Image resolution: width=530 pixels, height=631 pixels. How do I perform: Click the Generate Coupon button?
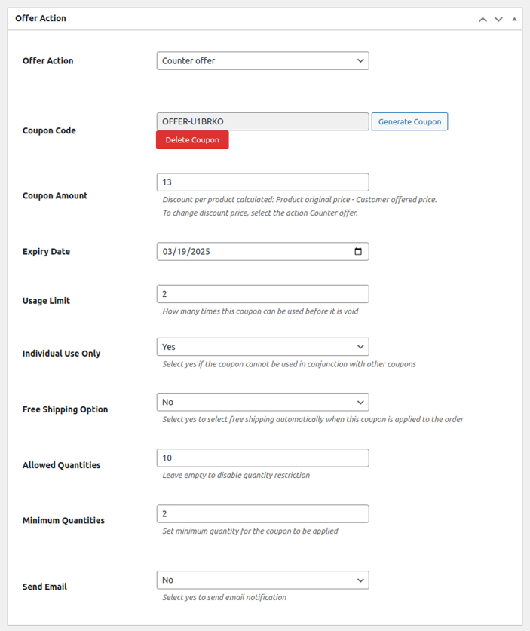pyautogui.click(x=409, y=121)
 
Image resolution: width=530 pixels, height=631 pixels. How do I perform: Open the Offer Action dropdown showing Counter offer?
pyautogui.click(x=262, y=61)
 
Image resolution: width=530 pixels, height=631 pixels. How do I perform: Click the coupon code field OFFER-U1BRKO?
pyautogui.click(x=262, y=121)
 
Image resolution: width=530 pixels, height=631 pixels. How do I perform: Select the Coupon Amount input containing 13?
pyautogui.click(x=262, y=182)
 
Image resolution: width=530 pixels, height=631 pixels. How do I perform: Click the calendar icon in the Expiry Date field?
pyautogui.click(x=358, y=252)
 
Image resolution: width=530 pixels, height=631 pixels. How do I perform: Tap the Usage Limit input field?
pyautogui.click(x=262, y=294)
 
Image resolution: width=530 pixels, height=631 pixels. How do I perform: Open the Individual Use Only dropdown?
pyautogui.click(x=262, y=347)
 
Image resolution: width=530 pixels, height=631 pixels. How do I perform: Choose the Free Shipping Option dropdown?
pyautogui.click(x=262, y=402)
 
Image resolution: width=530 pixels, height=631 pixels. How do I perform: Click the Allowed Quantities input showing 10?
pyautogui.click(x=262, y=458)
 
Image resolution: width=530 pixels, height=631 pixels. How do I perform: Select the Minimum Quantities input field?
pyautogui.click(x=262, y=513)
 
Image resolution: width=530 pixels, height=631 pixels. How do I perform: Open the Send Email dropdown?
pyautogui.click(x=262, y=580)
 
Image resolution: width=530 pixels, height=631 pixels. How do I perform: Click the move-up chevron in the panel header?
pyautogui.click(x=483, y=19)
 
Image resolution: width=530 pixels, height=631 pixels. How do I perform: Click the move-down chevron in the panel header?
pyautogui.click(x=498, y=19)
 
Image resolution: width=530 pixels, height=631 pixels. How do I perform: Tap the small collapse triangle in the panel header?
pyautogui.click(x=514, y=19)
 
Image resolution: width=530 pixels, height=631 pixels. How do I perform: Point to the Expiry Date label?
pyautogui.click(x=46, y=252)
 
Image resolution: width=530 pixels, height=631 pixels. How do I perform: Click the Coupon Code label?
pyautogui.click(x=49, y=130)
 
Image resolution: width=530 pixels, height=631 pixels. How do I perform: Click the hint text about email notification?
pyautogui.click(x=224, y=597)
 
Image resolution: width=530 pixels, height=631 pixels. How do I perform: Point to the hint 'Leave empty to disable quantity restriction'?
pyautogui.click(x=236, y=475)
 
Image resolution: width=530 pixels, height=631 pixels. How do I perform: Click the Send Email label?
pyautogui.click(x=44, y=587)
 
